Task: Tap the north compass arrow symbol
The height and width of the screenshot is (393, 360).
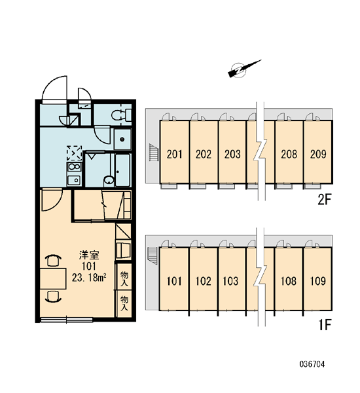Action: pyautogui.click(x=243, y=68)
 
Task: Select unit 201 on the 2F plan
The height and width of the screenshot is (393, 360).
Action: pyautogui.click(x=175, y=152)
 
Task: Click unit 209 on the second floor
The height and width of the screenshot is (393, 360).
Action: pyautogui.click(x=318, y=152)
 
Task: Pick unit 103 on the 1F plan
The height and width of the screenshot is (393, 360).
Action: pyautogui.click(x=232, y=279)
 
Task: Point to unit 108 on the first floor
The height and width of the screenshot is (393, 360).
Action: pyautogui.click(x=289, y=279)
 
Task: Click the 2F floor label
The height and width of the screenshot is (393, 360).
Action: pyautogui.click(x=325, y=200)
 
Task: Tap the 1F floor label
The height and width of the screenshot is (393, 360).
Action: pyautogui.click(x=325, y=325)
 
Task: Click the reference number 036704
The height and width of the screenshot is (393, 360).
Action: pyautogui.click(x=312, y=364)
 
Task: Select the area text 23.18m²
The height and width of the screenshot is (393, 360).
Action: pyautogui.click(x=90, y=278)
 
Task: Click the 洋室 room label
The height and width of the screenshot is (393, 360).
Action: pyautogui.click(x=89, y=255)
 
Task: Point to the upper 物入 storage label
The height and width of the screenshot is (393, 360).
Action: pyautogui.click(x=124, y=278)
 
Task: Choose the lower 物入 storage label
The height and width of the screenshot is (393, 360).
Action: pyautogui.click(x=124, y=303)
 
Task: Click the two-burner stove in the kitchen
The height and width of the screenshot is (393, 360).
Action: pyautogui.click(x=74, y=166)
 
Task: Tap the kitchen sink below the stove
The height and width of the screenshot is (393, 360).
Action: pyautogui.click(x=74, y=180)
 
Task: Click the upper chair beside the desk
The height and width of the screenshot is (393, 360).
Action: pyautogui.click(x=53, y=260)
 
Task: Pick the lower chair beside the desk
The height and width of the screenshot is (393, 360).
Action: pyautogui.click(x=53, y=296)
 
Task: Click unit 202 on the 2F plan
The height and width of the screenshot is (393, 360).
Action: pyautogui.click(x=204, y=152)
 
